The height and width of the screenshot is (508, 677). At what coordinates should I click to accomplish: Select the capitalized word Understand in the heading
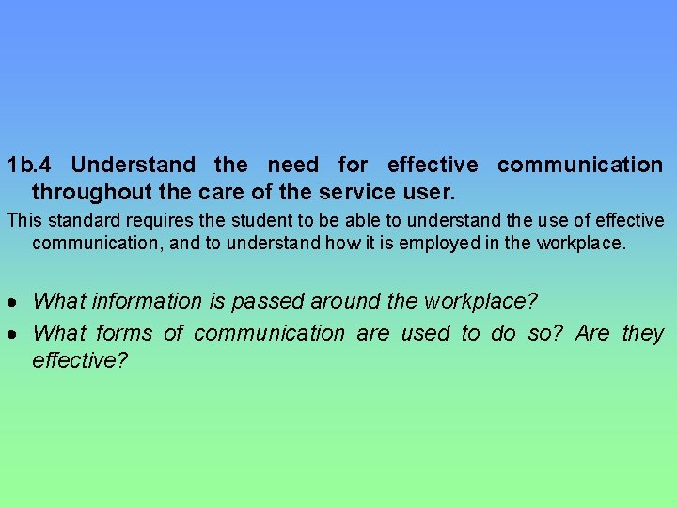pyautogui.click(x=134, y=166)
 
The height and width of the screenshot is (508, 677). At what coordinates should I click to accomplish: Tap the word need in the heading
pyautogui.click(x=293, y=166)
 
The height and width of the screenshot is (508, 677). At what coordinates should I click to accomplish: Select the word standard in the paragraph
pyautogui.click(x=80, y=221)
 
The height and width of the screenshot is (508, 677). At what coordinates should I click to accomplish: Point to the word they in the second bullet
pyautogui.click(x=643, y=334)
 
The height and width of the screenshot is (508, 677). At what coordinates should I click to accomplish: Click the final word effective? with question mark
pyautogui.click(x=80, y=360)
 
